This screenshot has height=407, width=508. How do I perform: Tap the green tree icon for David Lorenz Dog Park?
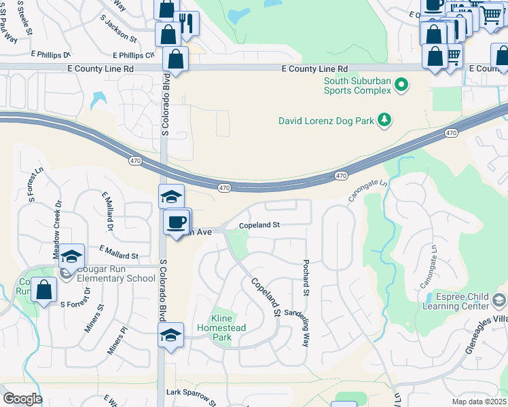384,120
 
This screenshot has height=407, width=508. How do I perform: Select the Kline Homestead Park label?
222,324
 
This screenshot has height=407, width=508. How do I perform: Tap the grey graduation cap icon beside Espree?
499,299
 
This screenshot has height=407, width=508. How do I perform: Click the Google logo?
22,399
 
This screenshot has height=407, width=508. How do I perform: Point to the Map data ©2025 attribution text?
479,402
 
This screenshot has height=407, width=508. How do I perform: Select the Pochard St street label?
306,277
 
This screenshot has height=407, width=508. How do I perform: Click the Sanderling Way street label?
305,326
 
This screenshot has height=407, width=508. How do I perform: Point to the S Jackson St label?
118,30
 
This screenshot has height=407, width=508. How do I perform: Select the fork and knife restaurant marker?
186,23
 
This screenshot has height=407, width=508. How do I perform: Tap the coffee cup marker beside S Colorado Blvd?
177,222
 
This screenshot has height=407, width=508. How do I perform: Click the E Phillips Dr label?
51,54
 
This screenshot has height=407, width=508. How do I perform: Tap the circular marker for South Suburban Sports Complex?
401,85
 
